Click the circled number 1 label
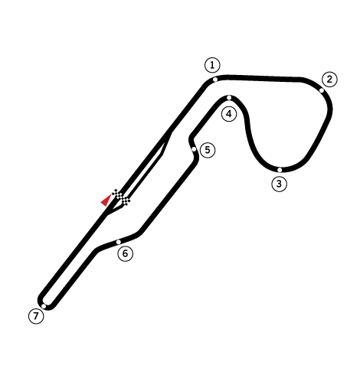point(212,65)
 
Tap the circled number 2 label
point(329,80)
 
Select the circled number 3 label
point(279,184)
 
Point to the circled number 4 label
point(229,114)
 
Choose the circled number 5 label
point(208,150)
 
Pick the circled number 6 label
point(125,253)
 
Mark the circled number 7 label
point(36,316)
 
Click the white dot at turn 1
point(215,80)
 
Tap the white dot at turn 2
point(322,90)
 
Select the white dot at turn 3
point(280,170)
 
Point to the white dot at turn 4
point(229,98)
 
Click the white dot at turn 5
point(194,149)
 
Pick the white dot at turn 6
point(119,242)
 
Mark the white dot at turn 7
point(44,306)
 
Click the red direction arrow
point(106,200)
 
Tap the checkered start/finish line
point(121,197)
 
